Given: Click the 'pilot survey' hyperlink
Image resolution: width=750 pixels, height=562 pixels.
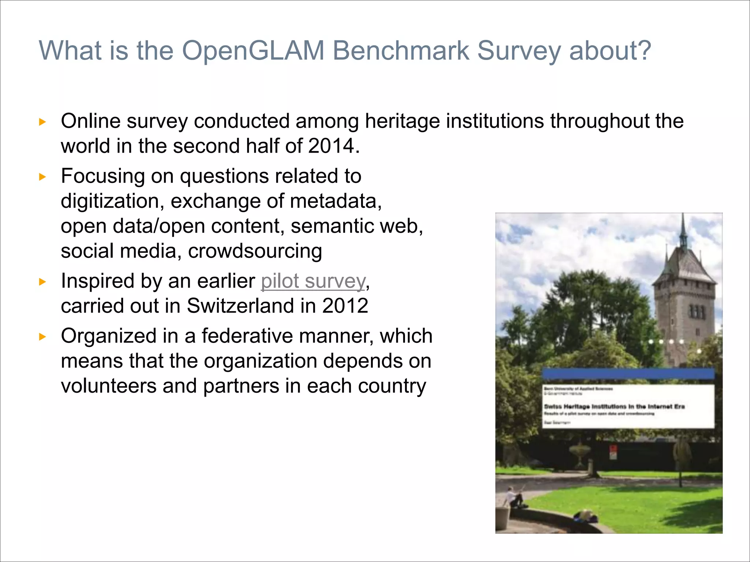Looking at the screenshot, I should (x=313, y=281).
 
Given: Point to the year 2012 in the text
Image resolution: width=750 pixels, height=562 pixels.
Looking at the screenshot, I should (x=345, y=306).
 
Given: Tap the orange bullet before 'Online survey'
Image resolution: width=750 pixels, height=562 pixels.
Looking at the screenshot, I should (x=42, y=122).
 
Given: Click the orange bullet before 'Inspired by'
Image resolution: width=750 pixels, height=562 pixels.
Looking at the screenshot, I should (x=42, y=282).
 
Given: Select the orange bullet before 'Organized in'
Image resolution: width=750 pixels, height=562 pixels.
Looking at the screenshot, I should (x=42, y=337).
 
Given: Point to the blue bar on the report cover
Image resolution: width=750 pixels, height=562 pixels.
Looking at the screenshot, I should (x=628, y=374).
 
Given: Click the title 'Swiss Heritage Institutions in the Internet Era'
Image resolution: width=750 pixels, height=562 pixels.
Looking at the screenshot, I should (x=614, y=406).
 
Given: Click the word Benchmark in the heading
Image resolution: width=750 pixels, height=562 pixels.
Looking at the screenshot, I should (x=401, y=51).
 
